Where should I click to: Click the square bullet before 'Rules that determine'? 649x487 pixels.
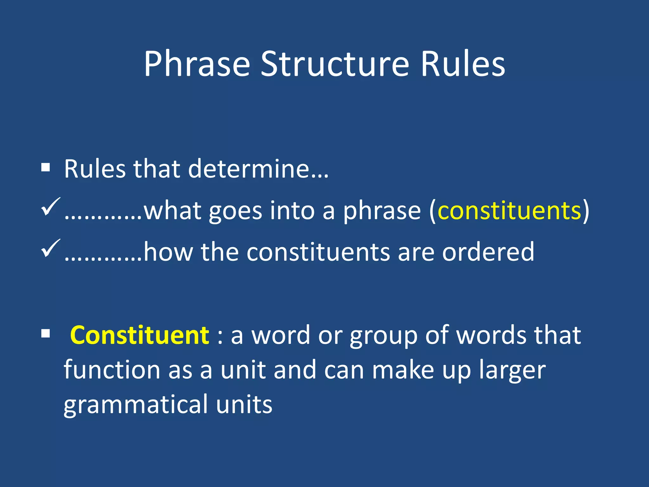[46, 167]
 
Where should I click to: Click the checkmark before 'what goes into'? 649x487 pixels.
[50, 207]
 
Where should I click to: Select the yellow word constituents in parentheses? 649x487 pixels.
[509, 211]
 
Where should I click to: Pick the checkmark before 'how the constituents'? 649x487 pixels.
[50, 248]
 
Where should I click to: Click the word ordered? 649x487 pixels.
[488, 252]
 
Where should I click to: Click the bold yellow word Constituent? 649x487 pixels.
[139, 335]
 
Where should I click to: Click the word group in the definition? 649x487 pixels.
[383, 336]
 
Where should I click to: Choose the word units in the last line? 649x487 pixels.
[244, 405]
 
